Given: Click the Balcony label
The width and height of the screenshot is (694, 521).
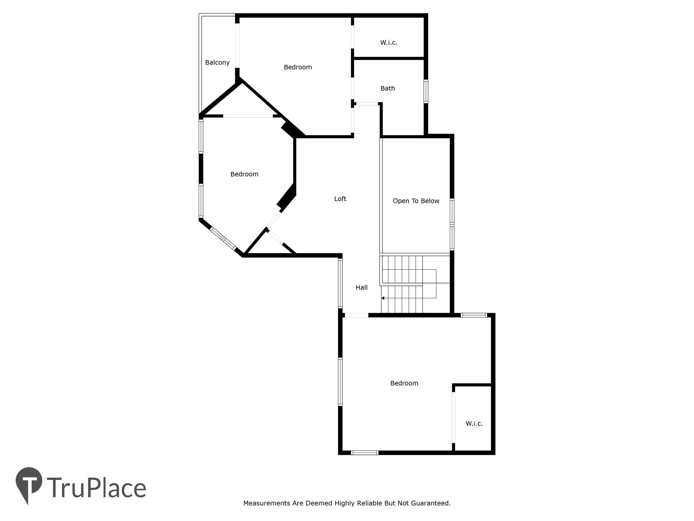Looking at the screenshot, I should (x=217, y=63).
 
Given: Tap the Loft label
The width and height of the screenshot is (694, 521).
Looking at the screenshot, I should (x=340, y=199).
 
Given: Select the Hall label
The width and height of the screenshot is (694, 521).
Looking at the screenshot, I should (x=362, y=288).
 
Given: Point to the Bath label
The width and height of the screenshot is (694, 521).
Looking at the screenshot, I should (x=388, y=88).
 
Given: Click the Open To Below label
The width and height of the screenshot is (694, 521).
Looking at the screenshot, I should (x=416, y=201).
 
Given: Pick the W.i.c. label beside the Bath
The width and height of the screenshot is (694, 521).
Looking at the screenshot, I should (x=389, y=42).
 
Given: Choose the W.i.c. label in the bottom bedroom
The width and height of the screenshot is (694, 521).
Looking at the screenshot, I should (x=474, y=423).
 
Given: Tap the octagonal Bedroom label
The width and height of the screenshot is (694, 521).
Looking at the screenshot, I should (x=244, y=174).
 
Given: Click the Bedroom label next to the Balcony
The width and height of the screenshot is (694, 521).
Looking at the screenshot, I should (x=298, y=67).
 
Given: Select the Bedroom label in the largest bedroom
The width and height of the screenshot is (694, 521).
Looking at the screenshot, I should (x=404, y=383).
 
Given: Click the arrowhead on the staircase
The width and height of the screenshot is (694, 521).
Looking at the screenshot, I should (x=383, y=298).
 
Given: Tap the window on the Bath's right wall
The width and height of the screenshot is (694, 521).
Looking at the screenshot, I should (x=426, y=91).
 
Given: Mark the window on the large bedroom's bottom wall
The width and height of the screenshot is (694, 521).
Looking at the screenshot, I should (x=364, y=453).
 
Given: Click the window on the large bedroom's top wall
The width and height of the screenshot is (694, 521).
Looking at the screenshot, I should (x=474, y=315).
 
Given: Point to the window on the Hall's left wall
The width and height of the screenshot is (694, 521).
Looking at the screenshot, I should (x=340, y=283).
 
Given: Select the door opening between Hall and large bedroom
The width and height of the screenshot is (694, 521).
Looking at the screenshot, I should (x=356, y=315).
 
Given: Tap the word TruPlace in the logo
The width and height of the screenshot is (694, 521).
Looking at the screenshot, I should (x=96, y=488).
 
